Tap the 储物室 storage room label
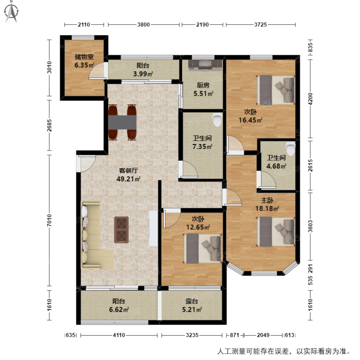[x=84, y=57]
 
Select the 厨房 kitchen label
[x=203, y=85]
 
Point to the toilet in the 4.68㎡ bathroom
[x=290, y=148]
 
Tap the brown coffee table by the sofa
[x=121, y=229]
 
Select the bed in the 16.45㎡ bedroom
[x=275, y=89]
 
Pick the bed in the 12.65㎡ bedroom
[x=203, y=248]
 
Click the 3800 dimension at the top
[x=143, y=25]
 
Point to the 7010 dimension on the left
[x=49, y=220]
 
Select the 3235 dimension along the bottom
[x=192, y=335]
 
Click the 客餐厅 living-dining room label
[x=128, y=171]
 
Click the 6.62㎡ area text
[x=119, y=309]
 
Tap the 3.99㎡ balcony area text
[x=143, y=73]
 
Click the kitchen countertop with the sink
[x=205, y=64]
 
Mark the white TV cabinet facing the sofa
[x=153, y=228]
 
